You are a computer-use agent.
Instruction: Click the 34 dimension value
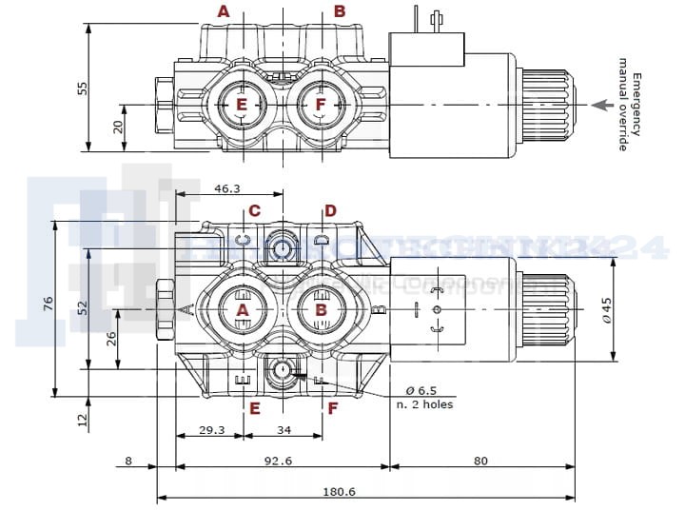click(x=283, y=430)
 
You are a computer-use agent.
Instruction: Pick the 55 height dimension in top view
click(x=83, y=88)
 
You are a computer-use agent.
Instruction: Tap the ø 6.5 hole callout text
click(x=421, y=390)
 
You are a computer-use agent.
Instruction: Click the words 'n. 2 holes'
click(x=425, y=405)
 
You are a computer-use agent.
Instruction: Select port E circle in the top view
click(x=242, y=103)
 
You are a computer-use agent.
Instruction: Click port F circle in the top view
click(x=321, y=103)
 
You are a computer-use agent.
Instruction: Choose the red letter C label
click(x=254, y=210)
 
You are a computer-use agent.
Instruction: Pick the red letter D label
click(x=330, y=210)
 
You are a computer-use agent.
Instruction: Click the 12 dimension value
click(x=83, y=416)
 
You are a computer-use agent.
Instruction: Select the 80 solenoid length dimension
click(x=479, y=462)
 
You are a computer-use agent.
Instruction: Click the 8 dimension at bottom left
click(x=127, y=462)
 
